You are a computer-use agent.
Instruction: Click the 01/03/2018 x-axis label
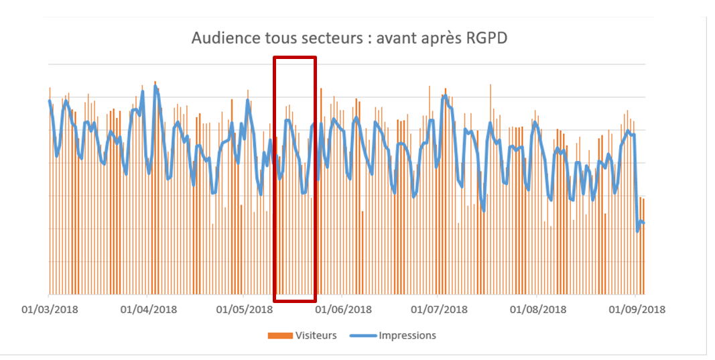click(x=50, y=309)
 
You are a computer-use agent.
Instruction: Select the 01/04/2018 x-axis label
click(x=148, y=309)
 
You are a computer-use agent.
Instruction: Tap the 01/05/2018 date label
click(x=245, y=309)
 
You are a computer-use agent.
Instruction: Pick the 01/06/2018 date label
click(x=344, y=309)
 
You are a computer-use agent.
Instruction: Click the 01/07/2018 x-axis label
click(x=440, y=309)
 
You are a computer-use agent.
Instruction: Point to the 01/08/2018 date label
click(x=538, y=309)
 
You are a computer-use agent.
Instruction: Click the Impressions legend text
click(x=407, y=335)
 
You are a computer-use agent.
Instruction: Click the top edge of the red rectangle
click(x=295, y=58)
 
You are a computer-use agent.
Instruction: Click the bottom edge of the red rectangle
click(x=295, y=300)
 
